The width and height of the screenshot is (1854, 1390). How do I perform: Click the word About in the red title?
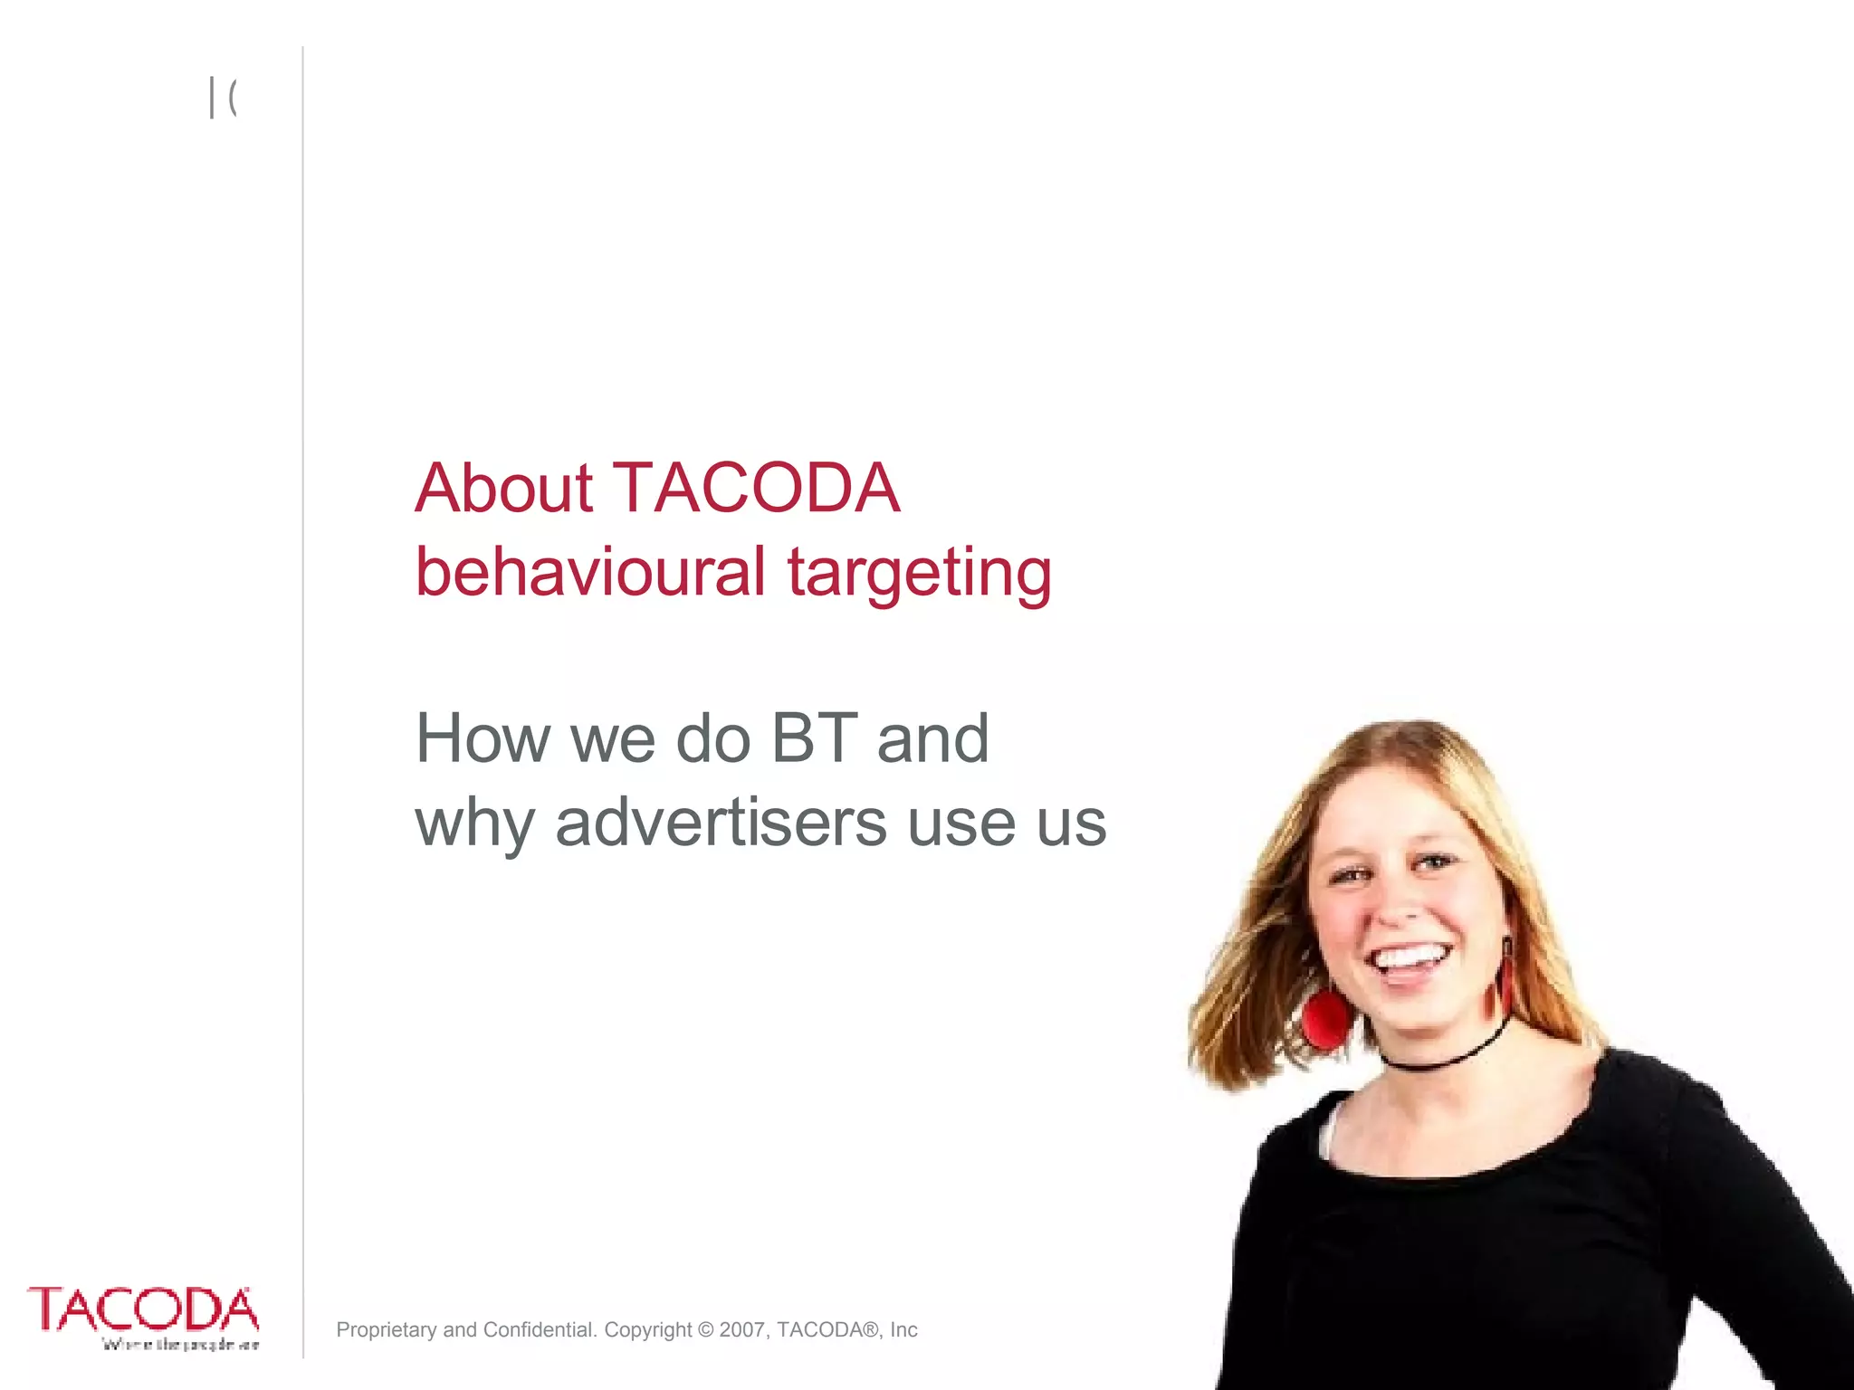pyautogui.click(x=503, y=489)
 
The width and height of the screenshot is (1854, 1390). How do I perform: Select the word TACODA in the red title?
pyautogui.click(x=757, y=489)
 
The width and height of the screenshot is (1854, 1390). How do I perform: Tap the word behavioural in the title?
pyautogui.click(x=590, y=572)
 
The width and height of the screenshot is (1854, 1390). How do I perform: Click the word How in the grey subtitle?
pyautogui.click(x=483, y=738)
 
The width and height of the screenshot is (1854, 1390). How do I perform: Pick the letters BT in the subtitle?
pyautogui.click(x=813, y=738)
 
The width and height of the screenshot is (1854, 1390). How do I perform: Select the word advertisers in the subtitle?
pyautogui.click(x=721, y=824)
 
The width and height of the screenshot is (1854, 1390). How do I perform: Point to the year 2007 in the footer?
pyautogui.click(x=742, y=1329)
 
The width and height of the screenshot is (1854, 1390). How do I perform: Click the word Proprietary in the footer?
pyautogui.click(x=387, y=1329)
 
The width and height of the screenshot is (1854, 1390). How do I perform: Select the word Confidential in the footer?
pyautogui.click(x=540, y=1329)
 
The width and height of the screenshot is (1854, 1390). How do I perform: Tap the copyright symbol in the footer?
pyautogui.click(x=706, y=1329)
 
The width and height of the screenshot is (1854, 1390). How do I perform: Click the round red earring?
pyautogui.click(x=1327, y=1019)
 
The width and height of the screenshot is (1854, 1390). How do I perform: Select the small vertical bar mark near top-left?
pyautogui.click(x=212, y=98)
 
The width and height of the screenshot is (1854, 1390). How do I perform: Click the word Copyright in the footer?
pyautogui.click(x=648, y=1329)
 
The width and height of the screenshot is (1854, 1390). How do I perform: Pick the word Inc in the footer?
pyautogui.click(x=903, y=1329)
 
